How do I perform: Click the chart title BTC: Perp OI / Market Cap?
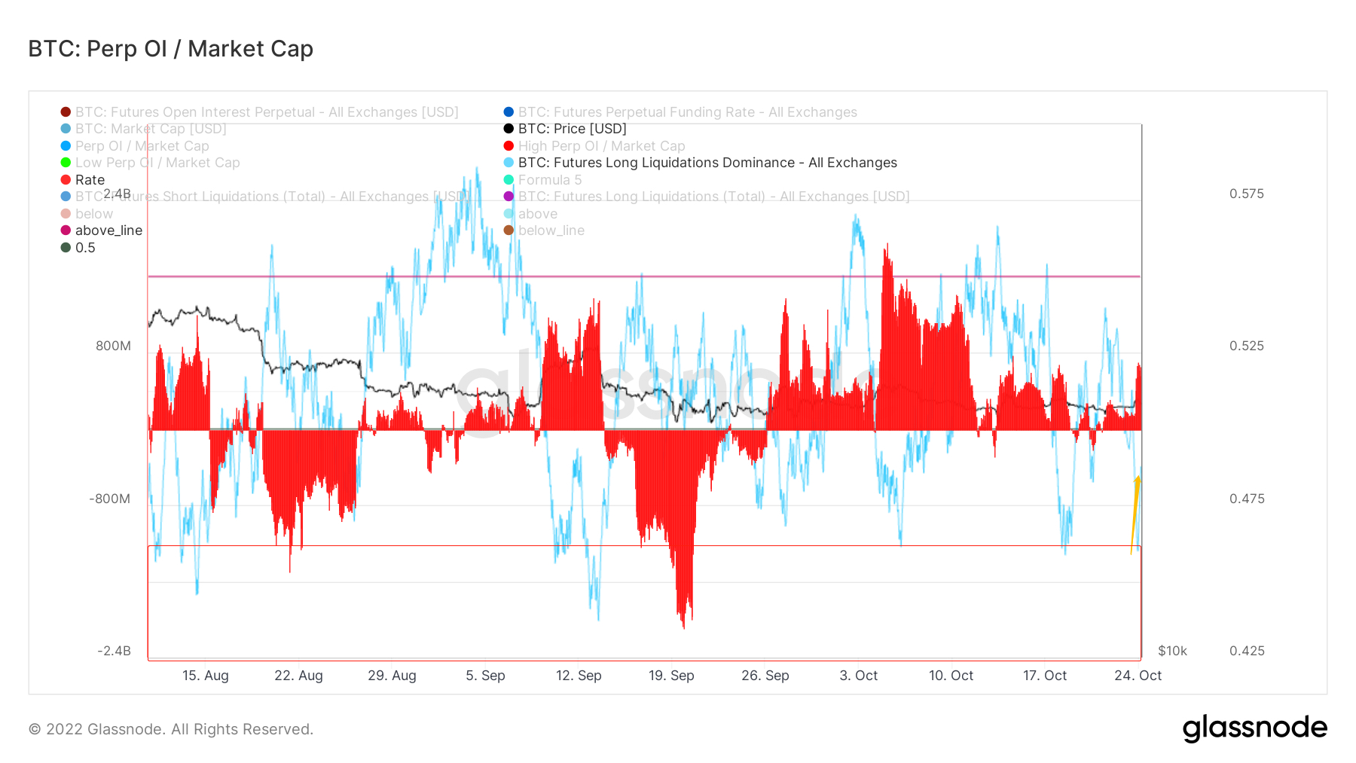pyautogui.click(x=170, y=49)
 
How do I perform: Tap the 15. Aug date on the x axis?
pyautogui.click(x=205, y=676)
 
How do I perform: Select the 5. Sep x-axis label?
pyautogui.click(x=485, y=676)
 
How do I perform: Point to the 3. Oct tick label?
pyautogui.click(x=858, y=676)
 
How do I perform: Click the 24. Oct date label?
pyautogui.click(x=1138, y=676)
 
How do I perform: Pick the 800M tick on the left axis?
pyautogui.click(x=113, y=346)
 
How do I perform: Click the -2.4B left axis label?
pyautogui.click(x=114, y=651)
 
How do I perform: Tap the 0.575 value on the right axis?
pyautogui.click(x=1247, y=194)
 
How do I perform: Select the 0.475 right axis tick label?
pyautogui.click(x=1247, y=499)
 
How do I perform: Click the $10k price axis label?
pyautogui.click(x=1172, y=651)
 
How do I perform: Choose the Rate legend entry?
pyautogui.click(x=90, y=180)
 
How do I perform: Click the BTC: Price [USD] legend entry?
pyautogui.click(x=572, y=129)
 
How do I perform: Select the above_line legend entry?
pyautogui.click(x=108, y=230)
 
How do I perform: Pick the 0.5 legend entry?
pyautogui.click(x=85, y=248)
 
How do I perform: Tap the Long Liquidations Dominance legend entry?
pyautogui.click(x=707, y=163)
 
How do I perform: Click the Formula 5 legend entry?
pyautogui.click(x=549, y=180)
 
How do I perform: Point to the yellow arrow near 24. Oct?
pyautogui.click(x=1135, y=515)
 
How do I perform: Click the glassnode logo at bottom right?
pyautogui.click(x=1254, y=728)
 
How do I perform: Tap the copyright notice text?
pyautogui.click(x=171, y=729)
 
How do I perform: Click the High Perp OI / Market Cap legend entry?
pyautogui.click(x=601, y=146)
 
